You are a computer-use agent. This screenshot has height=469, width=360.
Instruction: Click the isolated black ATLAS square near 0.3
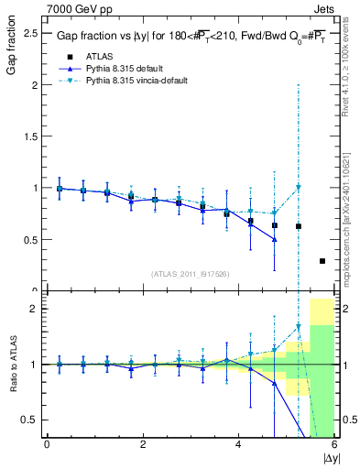point(322,261)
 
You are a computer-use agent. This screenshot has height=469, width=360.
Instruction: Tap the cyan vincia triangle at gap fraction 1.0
point(299,188)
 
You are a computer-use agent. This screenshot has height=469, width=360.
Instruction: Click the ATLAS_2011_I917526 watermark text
point(190,273)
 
